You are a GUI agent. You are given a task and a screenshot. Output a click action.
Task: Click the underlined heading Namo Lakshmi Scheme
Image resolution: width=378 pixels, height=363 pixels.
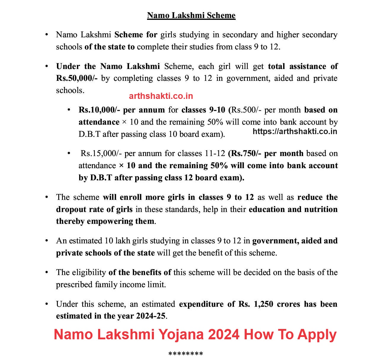(191, 15)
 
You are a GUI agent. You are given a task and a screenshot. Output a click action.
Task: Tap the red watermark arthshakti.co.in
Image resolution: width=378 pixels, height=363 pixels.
(161, 96)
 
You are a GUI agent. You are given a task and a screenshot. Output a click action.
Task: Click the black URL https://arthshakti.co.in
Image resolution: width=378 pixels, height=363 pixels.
(295, 131)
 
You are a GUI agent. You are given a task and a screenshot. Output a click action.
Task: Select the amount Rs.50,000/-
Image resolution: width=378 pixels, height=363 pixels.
(77, 78)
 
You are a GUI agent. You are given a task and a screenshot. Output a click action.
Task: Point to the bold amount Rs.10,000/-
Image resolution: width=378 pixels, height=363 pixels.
(99, 110)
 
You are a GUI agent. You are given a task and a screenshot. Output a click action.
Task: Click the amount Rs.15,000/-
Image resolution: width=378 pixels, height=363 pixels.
(101, 153)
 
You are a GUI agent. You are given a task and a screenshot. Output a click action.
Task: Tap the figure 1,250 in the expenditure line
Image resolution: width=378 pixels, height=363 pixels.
(263, 304)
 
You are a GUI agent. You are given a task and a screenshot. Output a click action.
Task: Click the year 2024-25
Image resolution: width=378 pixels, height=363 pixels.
(151, 316)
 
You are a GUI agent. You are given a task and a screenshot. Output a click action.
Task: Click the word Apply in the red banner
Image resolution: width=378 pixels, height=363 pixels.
(317, 335)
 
